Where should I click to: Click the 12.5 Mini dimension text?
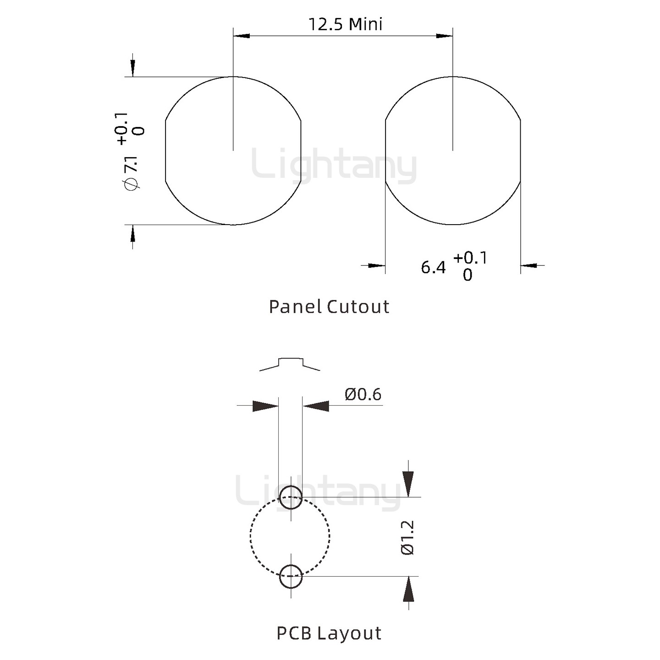tap(345, 24)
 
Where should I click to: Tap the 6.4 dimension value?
tap(433, 267)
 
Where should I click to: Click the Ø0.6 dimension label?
tap(363, 394)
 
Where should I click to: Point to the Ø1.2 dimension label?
tap(407, 538)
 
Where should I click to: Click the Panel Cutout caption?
tap(329, 307)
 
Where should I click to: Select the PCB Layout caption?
tap(329, 633)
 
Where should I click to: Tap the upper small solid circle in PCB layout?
tap(291, 497)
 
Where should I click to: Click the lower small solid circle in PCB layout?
tap(291, 576)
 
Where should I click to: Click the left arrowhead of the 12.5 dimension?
tap(242, 35)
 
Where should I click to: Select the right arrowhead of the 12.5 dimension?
tap(444, 35)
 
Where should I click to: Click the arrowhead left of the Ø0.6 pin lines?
tap(265, 406)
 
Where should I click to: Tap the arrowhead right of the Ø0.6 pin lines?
tap(316, 406)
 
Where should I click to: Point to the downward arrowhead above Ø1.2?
tap(408, 484)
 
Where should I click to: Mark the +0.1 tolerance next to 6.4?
tap(470, 258)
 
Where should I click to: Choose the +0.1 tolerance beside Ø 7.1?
tap(122, 129)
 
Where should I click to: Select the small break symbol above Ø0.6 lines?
tap(290, 363)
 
